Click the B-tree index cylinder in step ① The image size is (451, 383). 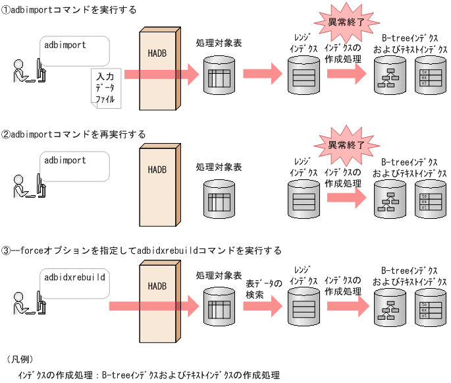390,75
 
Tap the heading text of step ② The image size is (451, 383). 74,134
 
